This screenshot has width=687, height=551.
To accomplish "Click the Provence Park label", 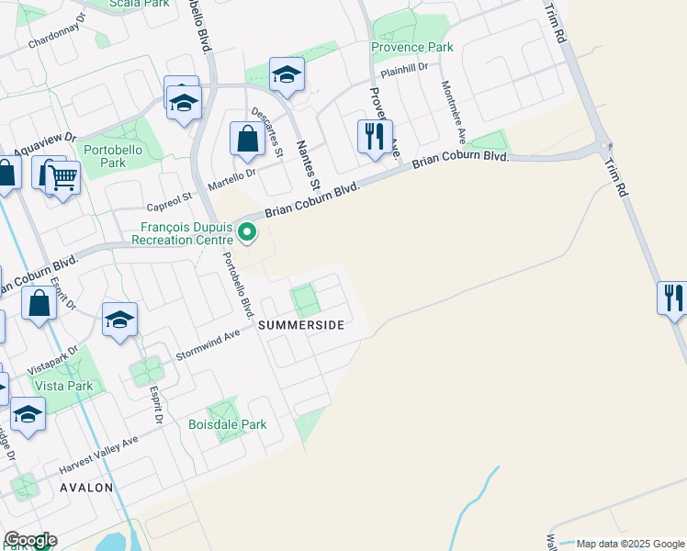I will pyautogui.click(x=411, y=47).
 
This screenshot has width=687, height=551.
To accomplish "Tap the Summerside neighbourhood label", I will pyautogui.click(x=300, y=325).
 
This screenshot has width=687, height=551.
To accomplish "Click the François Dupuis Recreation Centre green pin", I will pyautogui.click(x=246, y=232).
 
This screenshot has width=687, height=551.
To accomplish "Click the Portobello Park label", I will pyautogui.click(x=104, y=156).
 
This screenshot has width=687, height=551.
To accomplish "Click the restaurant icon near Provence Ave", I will pyautogui.click(x=374, y=136).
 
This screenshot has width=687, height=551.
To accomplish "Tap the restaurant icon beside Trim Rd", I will pyautogui.click(x=672, y=298).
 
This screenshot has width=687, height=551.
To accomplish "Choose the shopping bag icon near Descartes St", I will pyautogui.click(x=247, y=140).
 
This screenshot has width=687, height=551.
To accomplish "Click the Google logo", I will pyautogui.click(x=29, y=540).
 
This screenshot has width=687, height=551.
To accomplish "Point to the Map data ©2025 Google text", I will pyautogui.click(x=629, y=544).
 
